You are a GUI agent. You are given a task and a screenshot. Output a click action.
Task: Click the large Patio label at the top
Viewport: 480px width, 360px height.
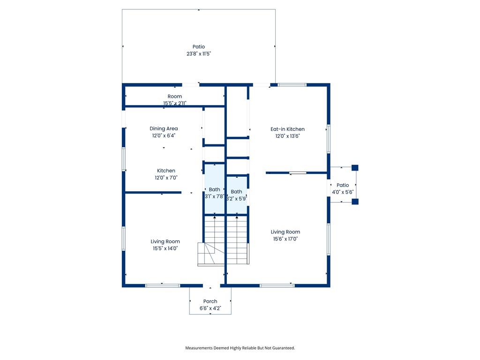[x=199, y=46]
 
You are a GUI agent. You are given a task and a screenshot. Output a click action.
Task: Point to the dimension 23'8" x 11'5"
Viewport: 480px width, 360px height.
[x=199, y=53]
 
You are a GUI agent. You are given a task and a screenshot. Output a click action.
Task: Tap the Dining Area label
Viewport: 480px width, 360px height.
[x=164, y=128]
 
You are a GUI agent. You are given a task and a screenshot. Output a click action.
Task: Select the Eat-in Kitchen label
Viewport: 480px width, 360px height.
[x=287, y=129]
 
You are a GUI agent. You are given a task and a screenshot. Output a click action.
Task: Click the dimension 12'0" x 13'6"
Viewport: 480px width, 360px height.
[x=287, y=136]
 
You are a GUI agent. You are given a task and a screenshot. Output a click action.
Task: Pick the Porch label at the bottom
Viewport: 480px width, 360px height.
[x=210, y=301]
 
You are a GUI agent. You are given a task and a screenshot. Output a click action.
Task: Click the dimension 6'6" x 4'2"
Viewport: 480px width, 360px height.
[x=210, y=308]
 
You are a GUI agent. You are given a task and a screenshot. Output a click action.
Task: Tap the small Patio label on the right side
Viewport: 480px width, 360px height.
[x=343, y=185]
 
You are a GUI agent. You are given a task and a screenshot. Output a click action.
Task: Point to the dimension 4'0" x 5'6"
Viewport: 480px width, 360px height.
[x=343, y=192]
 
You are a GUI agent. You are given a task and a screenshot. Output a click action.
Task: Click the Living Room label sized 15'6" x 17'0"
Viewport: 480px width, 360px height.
[x=285, y=232]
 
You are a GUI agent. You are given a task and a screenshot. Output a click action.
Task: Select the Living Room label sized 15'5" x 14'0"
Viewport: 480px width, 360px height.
[x=165, y=241]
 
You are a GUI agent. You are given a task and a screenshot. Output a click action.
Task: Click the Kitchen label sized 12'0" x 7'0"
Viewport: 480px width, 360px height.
[x=166, y=171]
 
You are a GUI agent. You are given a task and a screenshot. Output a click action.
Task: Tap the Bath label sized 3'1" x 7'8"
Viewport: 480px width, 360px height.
[x=214, y=189]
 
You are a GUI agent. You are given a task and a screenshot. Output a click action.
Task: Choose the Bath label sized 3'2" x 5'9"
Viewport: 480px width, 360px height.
[x=236, y=192]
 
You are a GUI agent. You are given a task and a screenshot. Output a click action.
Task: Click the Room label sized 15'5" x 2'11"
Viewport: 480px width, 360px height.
[x=174, y=97]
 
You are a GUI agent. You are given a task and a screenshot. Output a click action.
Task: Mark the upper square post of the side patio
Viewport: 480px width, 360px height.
[x=355, y=168]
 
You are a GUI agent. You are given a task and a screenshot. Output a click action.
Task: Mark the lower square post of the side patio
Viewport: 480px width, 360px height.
[x=355, y=202]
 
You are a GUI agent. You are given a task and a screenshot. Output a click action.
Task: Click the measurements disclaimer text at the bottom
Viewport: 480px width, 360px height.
[x=240, y=348]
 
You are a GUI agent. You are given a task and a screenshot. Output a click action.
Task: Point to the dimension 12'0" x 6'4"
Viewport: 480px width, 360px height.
[x=164, y=135]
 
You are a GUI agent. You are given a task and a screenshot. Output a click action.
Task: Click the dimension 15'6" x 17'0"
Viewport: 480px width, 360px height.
[x=285, y=239]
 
